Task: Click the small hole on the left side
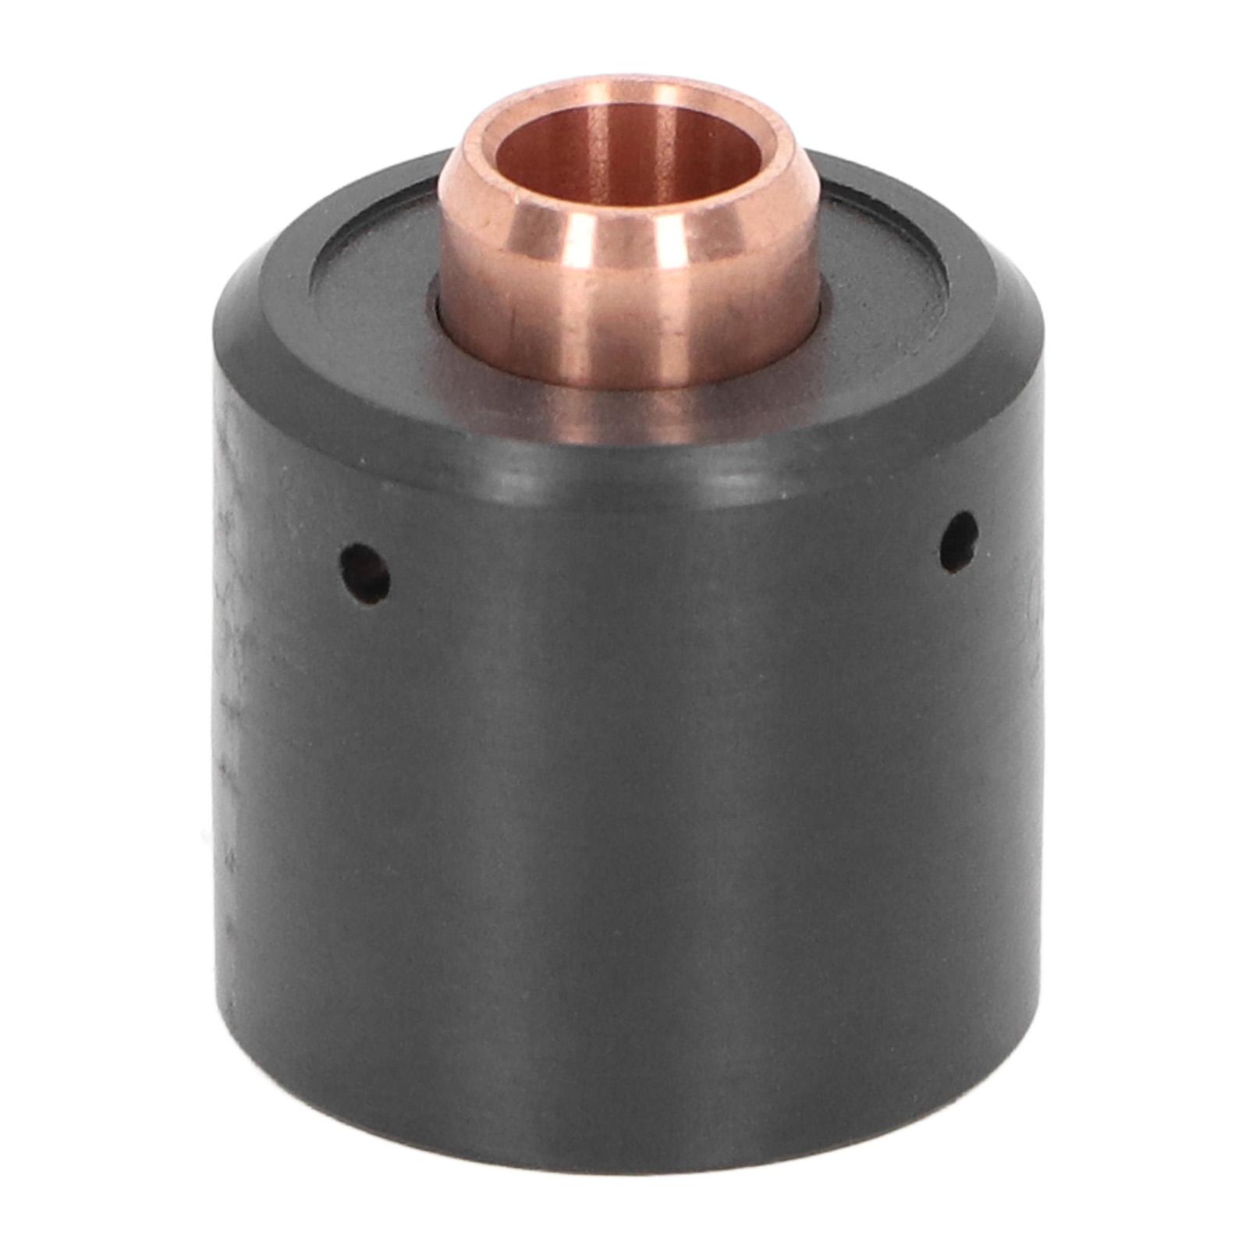point(365,573)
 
